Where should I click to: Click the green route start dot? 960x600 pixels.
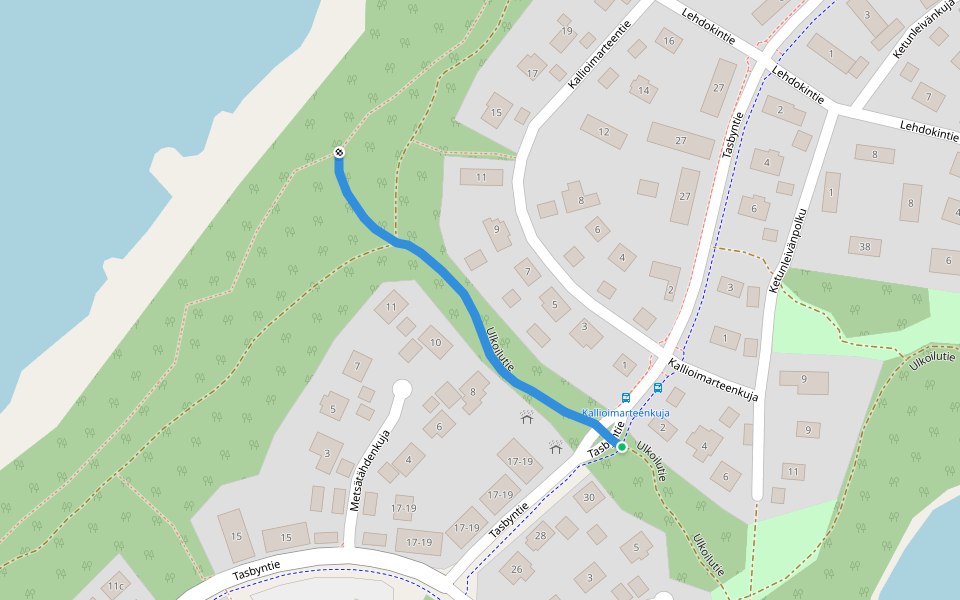(622, 447)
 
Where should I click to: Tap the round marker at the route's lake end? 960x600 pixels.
(339, 153)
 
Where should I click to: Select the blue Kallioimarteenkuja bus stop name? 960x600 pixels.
(625, 412)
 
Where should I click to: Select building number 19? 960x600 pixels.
(567, 31)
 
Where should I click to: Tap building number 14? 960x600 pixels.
(643, 91)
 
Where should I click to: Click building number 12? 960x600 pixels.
(603, 131)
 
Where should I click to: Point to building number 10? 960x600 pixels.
(435, 343)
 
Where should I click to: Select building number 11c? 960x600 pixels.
(117, 586)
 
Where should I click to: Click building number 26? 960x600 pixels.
(517, 571)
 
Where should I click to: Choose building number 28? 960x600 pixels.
(541, 536)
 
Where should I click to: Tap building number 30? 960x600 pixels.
(589, 497)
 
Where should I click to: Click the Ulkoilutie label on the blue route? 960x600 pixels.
(499, 349)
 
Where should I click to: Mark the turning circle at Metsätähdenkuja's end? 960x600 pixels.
(403, 388)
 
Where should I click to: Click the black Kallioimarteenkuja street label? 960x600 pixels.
(714, 381)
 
